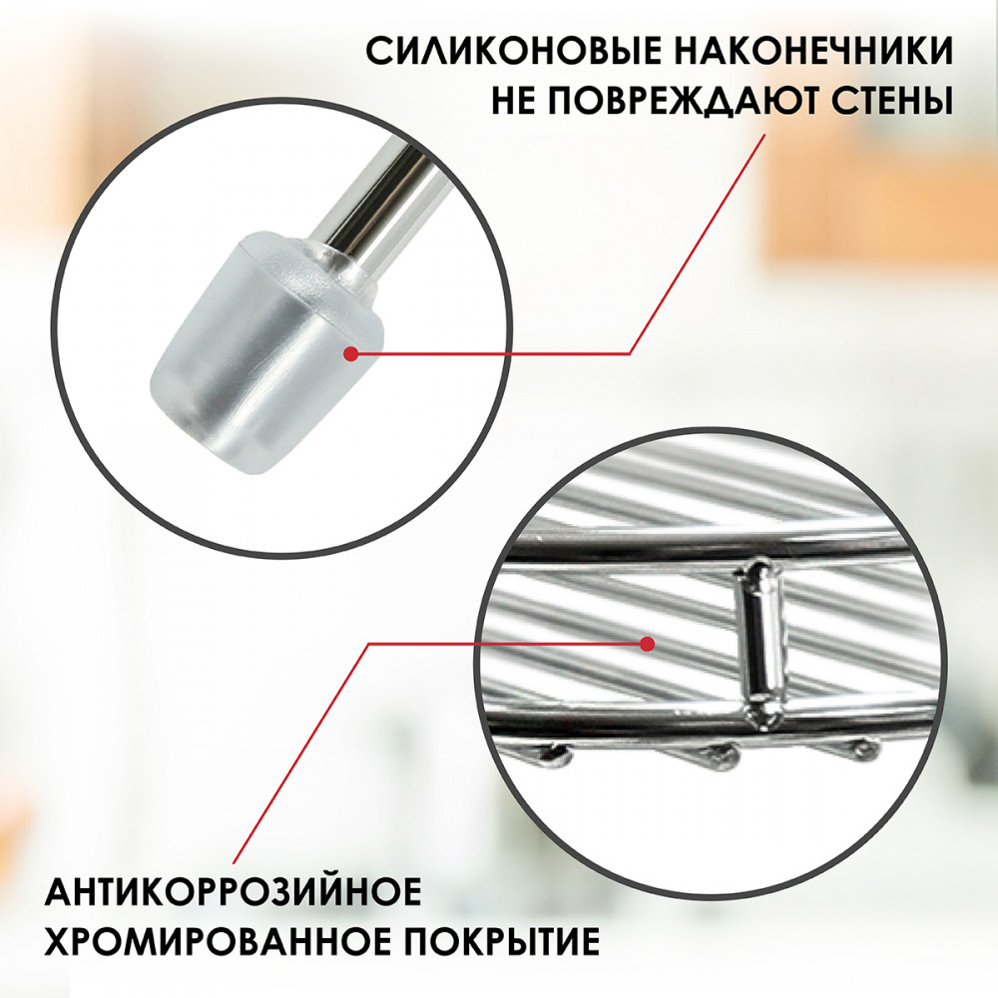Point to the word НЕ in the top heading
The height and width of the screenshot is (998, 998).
(514, 100)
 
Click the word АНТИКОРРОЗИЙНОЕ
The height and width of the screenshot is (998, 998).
(233, 891)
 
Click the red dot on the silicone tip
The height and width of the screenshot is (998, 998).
(350, 354)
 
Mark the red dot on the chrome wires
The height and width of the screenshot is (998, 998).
(648, 644)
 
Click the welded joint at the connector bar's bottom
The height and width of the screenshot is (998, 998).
(763, 715)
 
